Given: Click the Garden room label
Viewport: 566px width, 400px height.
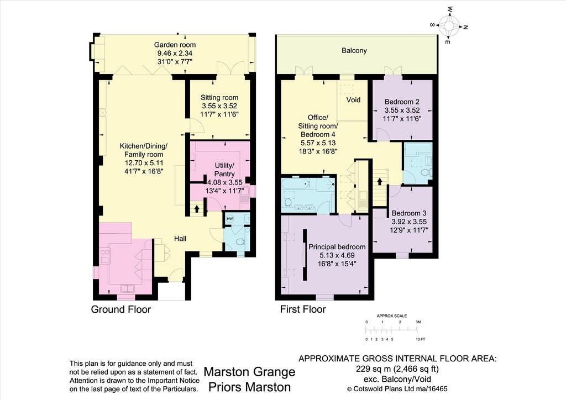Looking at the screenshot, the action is (175, 45).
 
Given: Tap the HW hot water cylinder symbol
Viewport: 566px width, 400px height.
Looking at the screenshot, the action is (230, 219).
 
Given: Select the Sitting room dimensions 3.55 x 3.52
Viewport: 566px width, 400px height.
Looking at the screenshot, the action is (219, 106).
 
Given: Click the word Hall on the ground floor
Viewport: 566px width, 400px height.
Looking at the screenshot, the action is (180, 239).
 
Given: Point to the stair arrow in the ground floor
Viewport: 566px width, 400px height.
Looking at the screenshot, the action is (197, 208).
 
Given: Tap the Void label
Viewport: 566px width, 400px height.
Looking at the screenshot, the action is (353, 99).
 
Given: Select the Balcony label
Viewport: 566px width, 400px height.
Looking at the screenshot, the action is (354, 50).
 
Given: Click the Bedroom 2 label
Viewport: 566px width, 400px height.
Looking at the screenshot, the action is (402, 102).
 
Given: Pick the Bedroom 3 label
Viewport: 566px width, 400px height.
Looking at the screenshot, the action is (409, 213).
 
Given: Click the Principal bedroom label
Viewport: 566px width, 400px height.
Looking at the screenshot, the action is (337, 247).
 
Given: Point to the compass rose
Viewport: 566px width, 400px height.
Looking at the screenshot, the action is (449, 25).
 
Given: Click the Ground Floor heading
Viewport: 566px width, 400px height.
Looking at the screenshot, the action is (121, 309).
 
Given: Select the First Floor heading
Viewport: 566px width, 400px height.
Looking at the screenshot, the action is (303, 309).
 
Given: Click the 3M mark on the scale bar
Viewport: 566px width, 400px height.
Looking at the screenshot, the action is (418, 322).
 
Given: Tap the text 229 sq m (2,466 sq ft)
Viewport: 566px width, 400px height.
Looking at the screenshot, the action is (397, 369).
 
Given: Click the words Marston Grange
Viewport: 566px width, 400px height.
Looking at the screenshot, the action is (249, 372).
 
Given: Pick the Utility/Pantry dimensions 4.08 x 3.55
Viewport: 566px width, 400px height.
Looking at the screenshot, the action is (224, 182).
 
